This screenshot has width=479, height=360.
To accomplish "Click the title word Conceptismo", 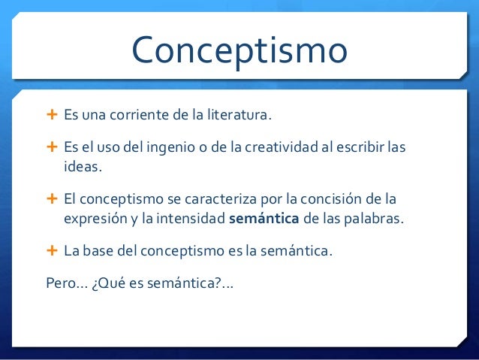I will tap(239, 51).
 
